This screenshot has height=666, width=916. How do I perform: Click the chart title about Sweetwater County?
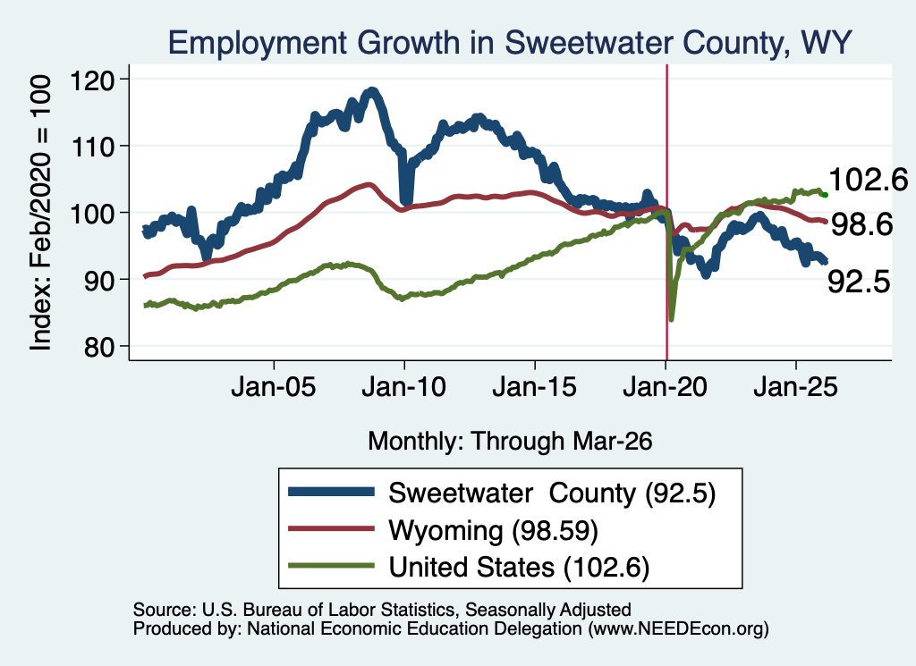(x=510, y=42)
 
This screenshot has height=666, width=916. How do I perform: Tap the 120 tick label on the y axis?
(x=92, y=80)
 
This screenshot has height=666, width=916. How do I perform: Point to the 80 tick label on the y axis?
(x=98, y=347)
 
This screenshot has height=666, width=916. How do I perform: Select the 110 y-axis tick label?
(x=92, y=148)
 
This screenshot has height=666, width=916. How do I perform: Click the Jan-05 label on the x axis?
(x=274, y=387)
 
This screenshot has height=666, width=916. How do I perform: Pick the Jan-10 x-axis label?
(x=403, y=387)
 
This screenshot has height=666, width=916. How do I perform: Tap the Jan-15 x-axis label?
(x=535, y=387)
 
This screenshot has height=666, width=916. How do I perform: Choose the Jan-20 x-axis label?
(x=665, y=387)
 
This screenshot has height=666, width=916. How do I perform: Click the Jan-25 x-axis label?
(x=795, y=387)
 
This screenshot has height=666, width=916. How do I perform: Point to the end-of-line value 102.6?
(x=868, y=179)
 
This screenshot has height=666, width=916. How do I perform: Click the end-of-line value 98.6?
(x=861, y=224)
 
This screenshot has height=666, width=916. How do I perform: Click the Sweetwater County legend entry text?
(x=552, y=493)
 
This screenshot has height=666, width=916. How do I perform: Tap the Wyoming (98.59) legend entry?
(x=494, y=531)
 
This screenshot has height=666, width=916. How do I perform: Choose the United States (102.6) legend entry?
(x=520, y=567)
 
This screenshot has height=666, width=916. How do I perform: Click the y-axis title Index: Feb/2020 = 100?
(x=40, y=213)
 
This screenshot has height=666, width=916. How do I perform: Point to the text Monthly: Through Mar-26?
(x=510, y=442)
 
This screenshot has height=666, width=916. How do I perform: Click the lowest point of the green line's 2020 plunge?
(x=671, y=319)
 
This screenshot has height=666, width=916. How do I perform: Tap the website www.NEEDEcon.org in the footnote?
(x=679, y=628)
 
